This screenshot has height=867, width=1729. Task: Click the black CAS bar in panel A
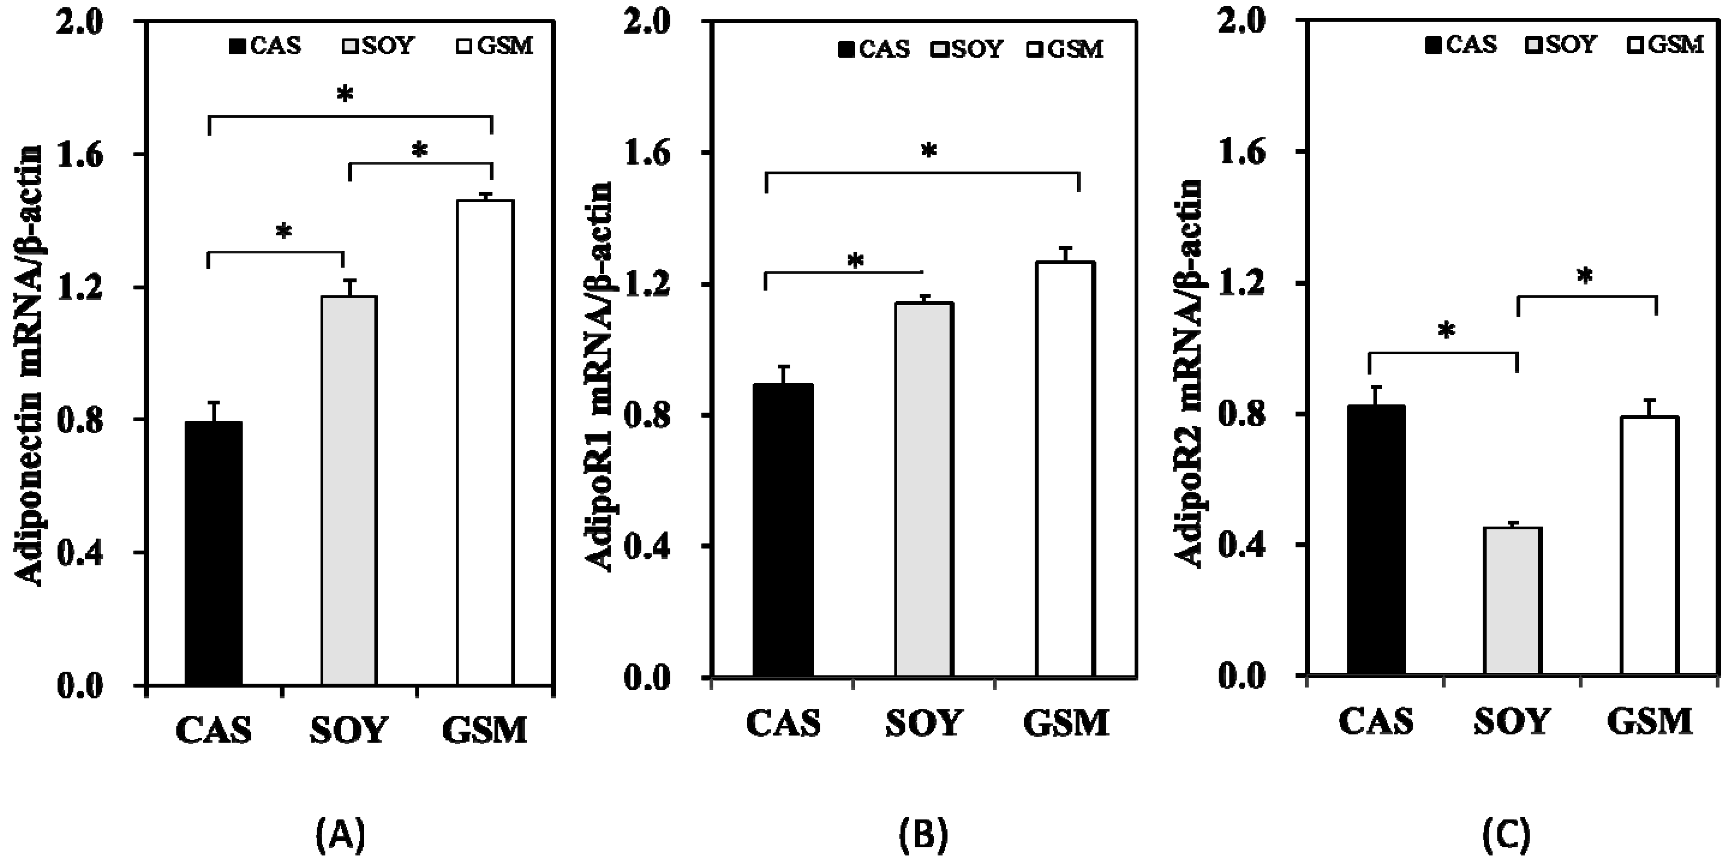pyautogui.click(x=213, y=554)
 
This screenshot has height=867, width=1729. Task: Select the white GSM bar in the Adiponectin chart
pyautogui.click(x=485, y=443)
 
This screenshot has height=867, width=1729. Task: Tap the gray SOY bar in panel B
pyautogui.click(x=924, y=490)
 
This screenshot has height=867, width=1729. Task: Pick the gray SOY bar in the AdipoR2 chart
pyautogui.click(x=1513, y=600)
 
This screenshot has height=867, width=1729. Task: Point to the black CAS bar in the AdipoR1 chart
pyautogui.click(x=783, y=530)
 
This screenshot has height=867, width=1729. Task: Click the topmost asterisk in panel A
pyautogui.click(x=345, y=95)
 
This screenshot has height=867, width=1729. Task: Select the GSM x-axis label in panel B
pyautogui.click(x=1066, y=724)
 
